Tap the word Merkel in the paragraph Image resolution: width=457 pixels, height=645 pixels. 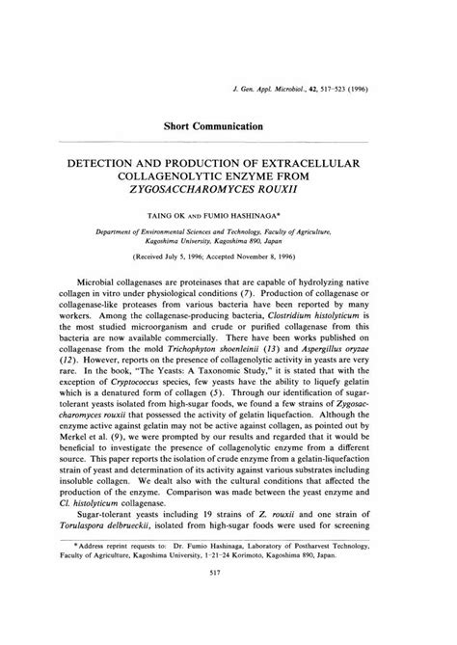(x=94, y=477)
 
